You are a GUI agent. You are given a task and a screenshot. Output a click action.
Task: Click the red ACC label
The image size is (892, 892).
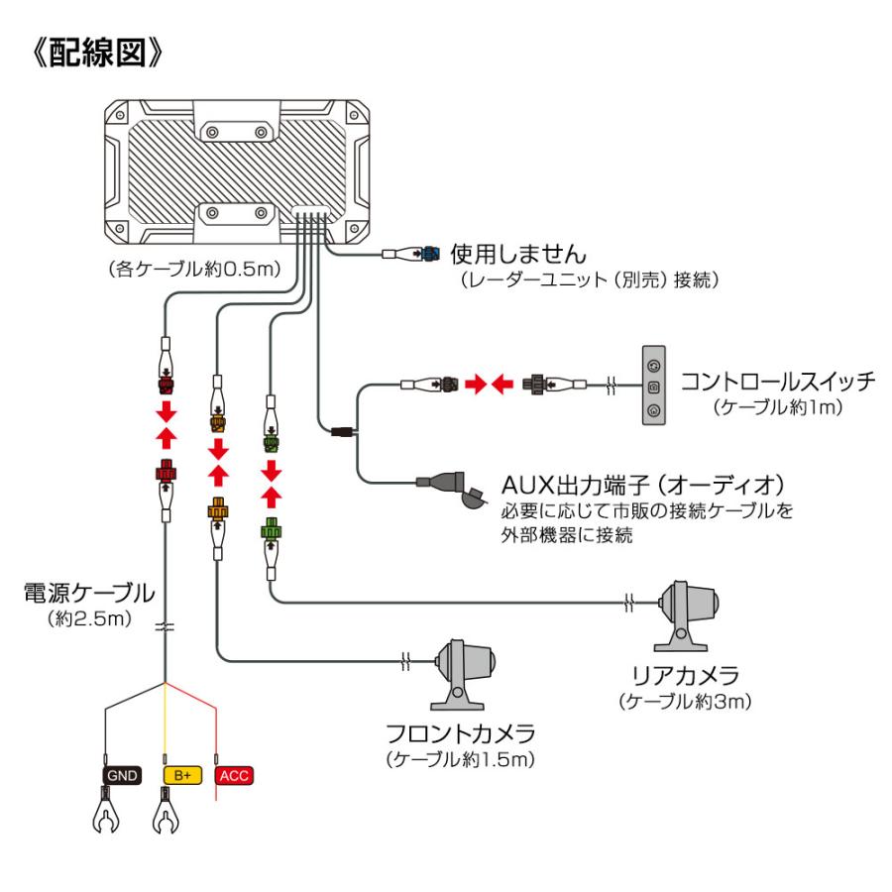(233, 774)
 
